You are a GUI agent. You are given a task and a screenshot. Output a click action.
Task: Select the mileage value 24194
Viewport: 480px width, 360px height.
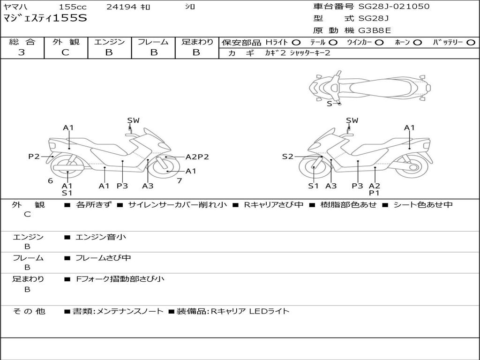pyautogui.click(x=121, y=7)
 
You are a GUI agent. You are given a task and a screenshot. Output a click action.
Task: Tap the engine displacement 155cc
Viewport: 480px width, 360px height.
pyautogui.click(x=73, y=7)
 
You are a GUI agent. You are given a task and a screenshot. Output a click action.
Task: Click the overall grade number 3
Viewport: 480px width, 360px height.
pyautogui.click(x=22, y=52)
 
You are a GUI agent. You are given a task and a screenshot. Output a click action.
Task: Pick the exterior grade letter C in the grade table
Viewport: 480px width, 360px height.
pyautogui.click(x=66, y=52)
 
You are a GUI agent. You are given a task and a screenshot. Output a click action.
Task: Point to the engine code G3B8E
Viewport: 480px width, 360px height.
pyautogui.click(x=375, y=30)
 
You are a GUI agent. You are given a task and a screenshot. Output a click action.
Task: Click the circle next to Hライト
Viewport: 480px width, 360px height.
pyautogui.click(x=296, y=42)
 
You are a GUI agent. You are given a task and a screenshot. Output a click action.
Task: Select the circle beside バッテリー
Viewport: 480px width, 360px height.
pyautogui.click(x=471, y=42)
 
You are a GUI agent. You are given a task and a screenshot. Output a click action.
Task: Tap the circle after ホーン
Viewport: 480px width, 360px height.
pyautogui.click(x=417, y=42)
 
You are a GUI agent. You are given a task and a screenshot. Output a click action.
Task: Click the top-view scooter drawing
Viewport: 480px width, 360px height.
pyautogui.click(x=369, y=86)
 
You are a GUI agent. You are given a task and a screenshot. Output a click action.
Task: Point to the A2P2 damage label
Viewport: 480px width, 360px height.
pyautogui.click(x=197, y=157)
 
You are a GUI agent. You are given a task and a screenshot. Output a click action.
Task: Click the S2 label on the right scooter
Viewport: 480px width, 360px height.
pyautogui.click(x=287, y=157)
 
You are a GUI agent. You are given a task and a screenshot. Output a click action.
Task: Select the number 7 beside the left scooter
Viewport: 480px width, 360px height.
pyautogui.click(x=179, y=180)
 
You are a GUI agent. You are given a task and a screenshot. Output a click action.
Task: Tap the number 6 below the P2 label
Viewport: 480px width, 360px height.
pyautogui.click(x=50, y=180)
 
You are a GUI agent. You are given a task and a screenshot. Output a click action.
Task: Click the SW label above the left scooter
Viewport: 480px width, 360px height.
pyautogui.click(x=134, y=120)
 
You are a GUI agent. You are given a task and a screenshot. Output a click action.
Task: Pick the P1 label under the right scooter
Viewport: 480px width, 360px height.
pyautogui.click(x=374, y=193)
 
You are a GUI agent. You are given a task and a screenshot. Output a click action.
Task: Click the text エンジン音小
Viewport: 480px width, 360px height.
pyautogui.click(x=101, y=237)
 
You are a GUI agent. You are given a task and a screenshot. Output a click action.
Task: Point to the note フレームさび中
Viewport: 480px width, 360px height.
pyautogui.click(x=103, y=258)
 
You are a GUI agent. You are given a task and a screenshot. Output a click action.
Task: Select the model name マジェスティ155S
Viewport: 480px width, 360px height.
pyautogui.click(x=45, y=18)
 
